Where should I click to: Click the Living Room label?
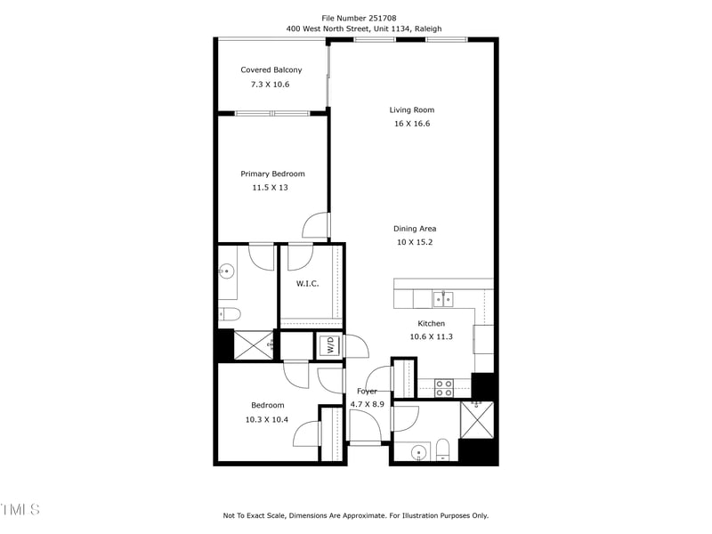[x=411, y=110]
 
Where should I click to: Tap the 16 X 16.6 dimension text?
[x=411, y=124]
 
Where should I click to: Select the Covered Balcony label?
[x=271, y=70]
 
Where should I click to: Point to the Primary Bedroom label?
[x=272, y=174]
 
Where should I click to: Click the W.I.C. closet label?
[x=307, y=284]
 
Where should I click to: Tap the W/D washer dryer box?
[x=328, y=345]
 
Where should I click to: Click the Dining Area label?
[x=415, y=229]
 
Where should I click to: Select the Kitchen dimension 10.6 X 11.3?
[x=431, y=336]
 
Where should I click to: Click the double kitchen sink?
[x=442, y=298]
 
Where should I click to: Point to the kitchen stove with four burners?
[x=443, y=387]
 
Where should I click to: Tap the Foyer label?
[x=367, y=392]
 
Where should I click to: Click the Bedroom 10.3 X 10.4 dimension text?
[x=266, y=419]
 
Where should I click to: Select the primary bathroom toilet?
[x=229, y=313]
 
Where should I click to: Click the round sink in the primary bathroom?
[x=227, y=271]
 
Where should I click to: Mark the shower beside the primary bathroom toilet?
[x=254, y=344]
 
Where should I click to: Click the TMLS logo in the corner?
[x=20, y=510]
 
